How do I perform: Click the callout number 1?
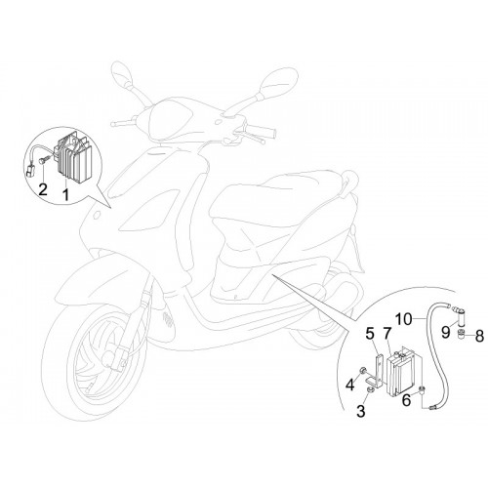tap(65, 194)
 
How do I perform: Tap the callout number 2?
tap(43, 189)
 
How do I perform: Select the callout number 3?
tap(361, 411)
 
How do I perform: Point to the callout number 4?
tap(350, 385)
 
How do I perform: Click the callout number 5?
tap(369, 333)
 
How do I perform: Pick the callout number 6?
tap(407, 400)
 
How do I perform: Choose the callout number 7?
tap(386, 333)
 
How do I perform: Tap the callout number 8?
tap(479, 336)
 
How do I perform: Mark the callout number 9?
tap(446, 332)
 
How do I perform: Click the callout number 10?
tap(404, 319)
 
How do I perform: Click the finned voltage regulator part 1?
tap(73, 156)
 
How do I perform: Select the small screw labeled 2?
tap(44, 160)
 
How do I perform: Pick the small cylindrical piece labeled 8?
tap(460, 334)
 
